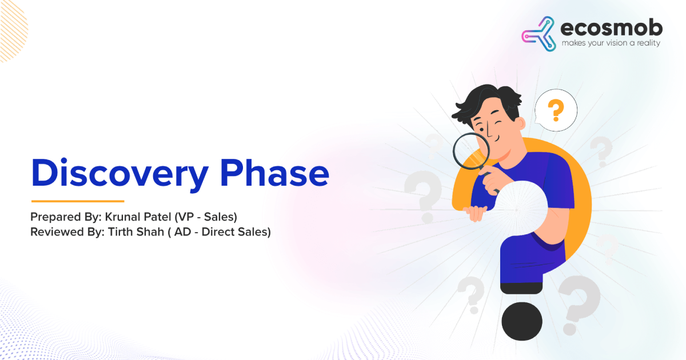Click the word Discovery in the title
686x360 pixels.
click(x=120, y=174)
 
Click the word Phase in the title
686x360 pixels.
click(x=275, y=173)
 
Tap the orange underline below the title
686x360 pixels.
click(x=78, y=201)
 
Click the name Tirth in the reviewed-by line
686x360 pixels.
click(x=121, y=232)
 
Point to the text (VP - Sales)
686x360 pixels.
click(x=206, y=217)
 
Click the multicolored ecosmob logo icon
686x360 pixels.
click(x=539, y=34)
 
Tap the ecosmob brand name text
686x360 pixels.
click(x=611, y=27)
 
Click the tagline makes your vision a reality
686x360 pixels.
click(x=611, y=43)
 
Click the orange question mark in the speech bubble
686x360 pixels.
click(x=556, y=110)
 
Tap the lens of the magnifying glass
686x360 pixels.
click(x=471, y=151)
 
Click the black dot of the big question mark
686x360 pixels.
click(x=522, y=321)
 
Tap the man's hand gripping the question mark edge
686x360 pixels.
click(x=475, y=213)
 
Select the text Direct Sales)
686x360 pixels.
click(x=236, y=232)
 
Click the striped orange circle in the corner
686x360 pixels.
click(x=12, y=31)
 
